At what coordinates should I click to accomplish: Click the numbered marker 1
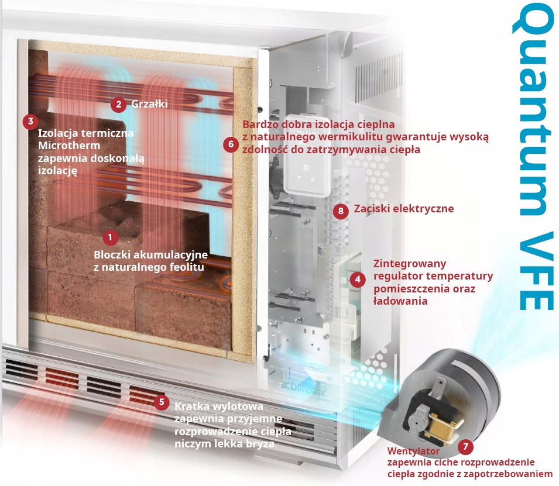[110, 237]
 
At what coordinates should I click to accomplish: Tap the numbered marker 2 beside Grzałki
[119, 105]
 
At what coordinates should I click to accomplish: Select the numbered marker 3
[30, 122]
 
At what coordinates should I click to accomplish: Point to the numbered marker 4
[357, 279]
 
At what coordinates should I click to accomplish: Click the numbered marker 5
[161, 402]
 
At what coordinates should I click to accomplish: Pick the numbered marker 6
[231, 143]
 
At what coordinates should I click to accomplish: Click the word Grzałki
[150, 104]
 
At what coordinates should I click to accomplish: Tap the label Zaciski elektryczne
[404, 209]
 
